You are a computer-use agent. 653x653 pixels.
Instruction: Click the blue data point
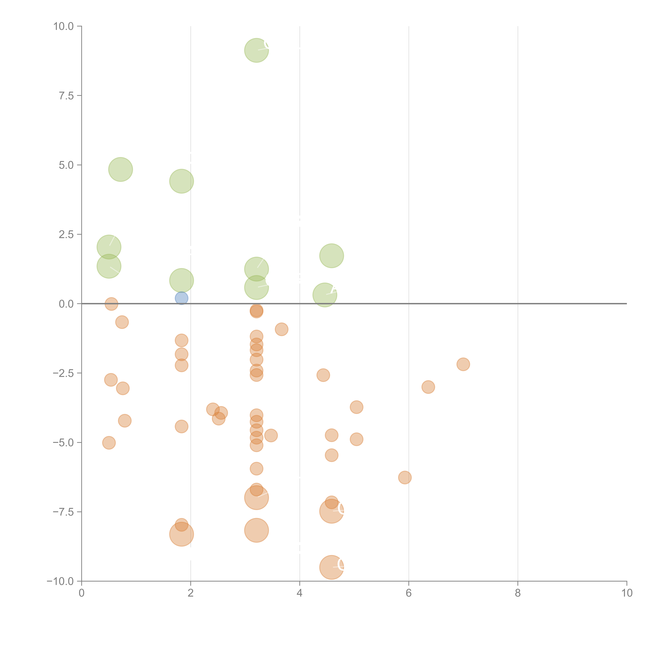pos(182,298)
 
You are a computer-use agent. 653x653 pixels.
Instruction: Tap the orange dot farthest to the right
pos(463,364)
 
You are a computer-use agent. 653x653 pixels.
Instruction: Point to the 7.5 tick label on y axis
pos(66,96)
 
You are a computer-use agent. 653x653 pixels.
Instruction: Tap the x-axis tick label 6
pos(409,593)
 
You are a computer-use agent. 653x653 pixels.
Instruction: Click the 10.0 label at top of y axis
pos(64,26)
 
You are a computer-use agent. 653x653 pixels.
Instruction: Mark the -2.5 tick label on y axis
pos(64,373)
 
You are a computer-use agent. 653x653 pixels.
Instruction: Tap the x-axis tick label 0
pos(81,593)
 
